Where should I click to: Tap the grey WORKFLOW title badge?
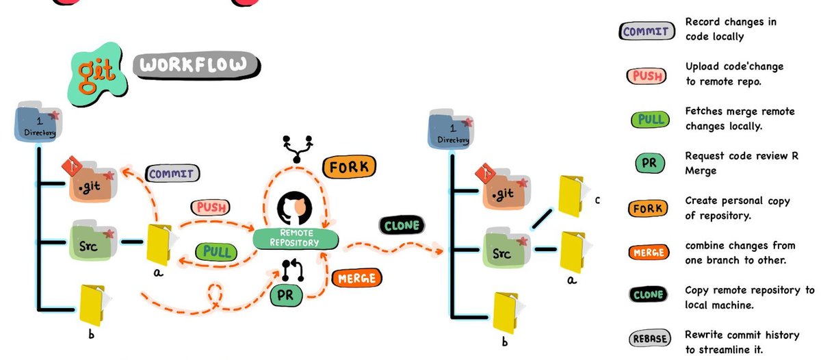pyautogui.click(x=196, y=65)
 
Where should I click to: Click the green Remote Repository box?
pyautogui.click(x=296, y=237)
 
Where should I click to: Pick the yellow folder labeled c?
pyautogui.click(x=572, y=196)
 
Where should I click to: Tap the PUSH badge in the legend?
pyautogui.click(x=647, y=74)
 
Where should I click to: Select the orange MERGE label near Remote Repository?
pyautogui.click(x=356, y=278)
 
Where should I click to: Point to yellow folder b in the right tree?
pyautogui.click(x=505, y=312)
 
